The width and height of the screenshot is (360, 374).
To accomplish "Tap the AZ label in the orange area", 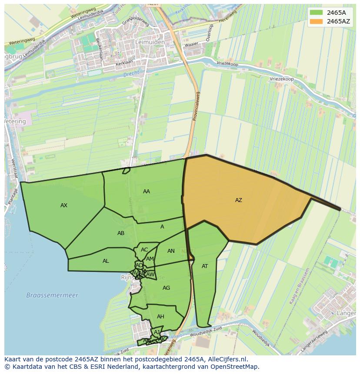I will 238,200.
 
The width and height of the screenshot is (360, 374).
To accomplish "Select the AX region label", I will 64,205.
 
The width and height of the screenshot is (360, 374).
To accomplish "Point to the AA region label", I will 147,192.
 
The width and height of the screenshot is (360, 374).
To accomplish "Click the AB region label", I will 121,233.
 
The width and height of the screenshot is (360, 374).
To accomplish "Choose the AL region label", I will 106,261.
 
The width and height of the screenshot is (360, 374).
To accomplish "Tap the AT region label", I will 205,266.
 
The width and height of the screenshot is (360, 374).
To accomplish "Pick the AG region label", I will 166,288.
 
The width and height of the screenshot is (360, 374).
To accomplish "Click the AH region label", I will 160,317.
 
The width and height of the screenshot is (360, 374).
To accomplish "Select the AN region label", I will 171,251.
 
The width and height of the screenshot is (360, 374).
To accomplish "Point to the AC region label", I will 144,250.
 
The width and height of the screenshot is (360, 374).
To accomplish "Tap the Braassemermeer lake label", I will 52,295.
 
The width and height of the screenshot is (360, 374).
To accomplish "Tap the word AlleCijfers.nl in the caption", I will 227,359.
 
